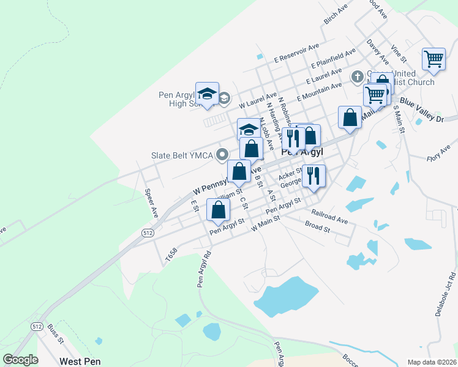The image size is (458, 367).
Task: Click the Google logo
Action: (21, 360)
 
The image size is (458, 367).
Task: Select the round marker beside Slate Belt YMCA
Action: (223, 155)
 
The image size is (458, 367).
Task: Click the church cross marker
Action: (357, 77)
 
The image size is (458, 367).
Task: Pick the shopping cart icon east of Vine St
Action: (434, 59)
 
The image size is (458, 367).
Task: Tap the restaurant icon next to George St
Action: (313, 176)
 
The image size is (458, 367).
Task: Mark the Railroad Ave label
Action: (329, 217)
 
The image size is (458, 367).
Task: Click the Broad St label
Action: (317, 228)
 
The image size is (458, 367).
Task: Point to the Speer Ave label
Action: (151, 199)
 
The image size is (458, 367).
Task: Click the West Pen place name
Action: (80, 361)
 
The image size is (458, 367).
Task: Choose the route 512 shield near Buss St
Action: (37, 327)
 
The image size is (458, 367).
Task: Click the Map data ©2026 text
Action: (431, 361)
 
